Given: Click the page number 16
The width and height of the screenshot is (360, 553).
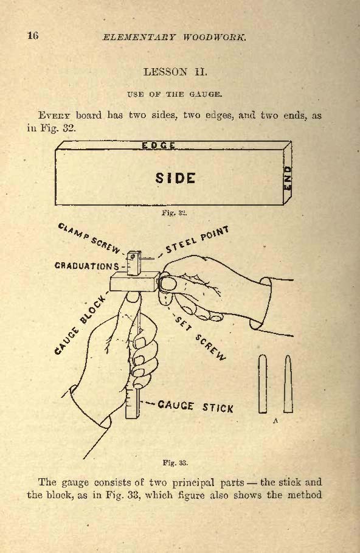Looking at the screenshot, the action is pyautogui.click(x=33, y=35).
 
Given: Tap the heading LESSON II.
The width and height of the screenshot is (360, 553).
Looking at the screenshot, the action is pyautogui.click(x=175, y=72).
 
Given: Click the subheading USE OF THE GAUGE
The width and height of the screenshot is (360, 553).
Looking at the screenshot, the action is pyautogui.click(x=175, y=94).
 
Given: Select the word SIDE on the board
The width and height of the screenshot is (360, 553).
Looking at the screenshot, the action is pyautogui.click(x=175, y=178).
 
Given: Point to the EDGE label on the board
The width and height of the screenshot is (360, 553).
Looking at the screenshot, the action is pyautogui.click(x=158, y=145).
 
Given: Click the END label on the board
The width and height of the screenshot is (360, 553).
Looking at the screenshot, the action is pyautogui.click(x=288, y=178).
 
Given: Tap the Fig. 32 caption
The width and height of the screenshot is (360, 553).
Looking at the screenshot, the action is pyautogui.click(x=174, y=213).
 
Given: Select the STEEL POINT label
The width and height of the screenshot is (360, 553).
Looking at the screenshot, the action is pyautogui.click(x=198, y=240).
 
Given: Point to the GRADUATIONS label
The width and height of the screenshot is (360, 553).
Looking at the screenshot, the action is pyautogui.click(x=87, y=266).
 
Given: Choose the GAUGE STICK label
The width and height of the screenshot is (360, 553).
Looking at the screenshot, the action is pyautogui.click(x=195, y=406).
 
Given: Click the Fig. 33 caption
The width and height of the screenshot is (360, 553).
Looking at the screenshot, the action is pyautogui.click(x=175, y=462).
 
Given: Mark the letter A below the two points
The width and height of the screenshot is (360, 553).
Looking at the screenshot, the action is pyautogui.click(x=275, y=420).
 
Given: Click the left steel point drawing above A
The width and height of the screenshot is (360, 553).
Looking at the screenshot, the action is pyautogui.click(x=263, y=384).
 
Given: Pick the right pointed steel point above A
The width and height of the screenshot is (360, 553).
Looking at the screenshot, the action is pyautogui.click(x=288, y=384).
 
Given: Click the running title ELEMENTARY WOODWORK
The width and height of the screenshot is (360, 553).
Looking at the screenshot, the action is pyautogui.click(x=174, y=37).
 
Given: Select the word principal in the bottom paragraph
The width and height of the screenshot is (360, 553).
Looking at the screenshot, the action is pyautogui.click(x=194, y=483).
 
